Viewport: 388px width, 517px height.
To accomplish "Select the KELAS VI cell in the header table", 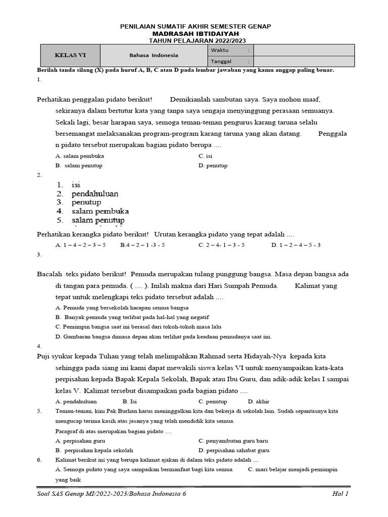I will coord(70,55).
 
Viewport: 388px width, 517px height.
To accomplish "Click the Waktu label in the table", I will coord(220,50).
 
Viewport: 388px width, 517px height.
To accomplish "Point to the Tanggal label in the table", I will coord(222,61).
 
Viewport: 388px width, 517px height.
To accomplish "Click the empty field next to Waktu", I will coord(303,50).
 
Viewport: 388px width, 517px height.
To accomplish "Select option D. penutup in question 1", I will coord(213,166).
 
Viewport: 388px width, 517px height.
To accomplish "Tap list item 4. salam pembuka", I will coord(92,211).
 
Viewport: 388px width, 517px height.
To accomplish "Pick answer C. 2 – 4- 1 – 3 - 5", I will coord(221,245).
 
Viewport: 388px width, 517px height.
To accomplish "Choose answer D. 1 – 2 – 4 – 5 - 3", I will coord(296,245).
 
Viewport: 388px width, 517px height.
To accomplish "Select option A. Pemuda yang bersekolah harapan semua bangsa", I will coord(122,307).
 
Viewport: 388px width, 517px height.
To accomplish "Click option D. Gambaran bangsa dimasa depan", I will coord(163,336).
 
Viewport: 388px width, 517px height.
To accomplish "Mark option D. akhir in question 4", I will coord(259,401).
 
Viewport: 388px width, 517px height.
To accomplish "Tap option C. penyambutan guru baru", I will coord(233,441).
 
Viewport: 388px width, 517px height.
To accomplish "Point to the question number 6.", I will coord(39,460).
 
